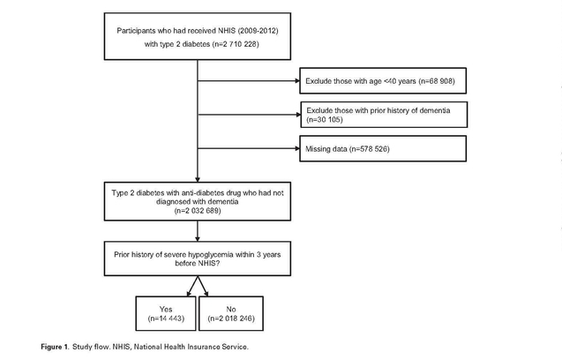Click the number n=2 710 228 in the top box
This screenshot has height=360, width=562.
pos(236,44)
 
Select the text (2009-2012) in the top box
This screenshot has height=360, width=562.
pos(258,31)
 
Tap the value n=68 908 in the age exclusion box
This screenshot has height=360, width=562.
pos(437,81)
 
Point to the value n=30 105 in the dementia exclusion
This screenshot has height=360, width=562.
pos(325,119)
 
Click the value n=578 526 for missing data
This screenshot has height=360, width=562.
pos(371,149)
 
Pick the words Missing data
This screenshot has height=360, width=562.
pos(326,149)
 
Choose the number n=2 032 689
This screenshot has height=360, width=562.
pos(198,211)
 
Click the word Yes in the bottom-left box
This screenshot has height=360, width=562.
pos(166,309)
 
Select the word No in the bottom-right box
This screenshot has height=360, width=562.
pos(231,309)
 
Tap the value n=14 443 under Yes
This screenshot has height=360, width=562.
pos(166,318)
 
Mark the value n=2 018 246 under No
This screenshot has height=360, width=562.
pos(231,318)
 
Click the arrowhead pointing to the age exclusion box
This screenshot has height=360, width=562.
pos(297,80)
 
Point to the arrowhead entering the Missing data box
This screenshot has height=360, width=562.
pos(297,148)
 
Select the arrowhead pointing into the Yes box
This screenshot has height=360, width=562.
pos(189,294)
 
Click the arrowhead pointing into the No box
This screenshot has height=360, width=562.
pos(206,294)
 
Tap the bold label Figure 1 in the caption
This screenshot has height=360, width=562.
pos(55,347)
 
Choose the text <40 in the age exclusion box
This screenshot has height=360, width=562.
pos(390,81)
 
